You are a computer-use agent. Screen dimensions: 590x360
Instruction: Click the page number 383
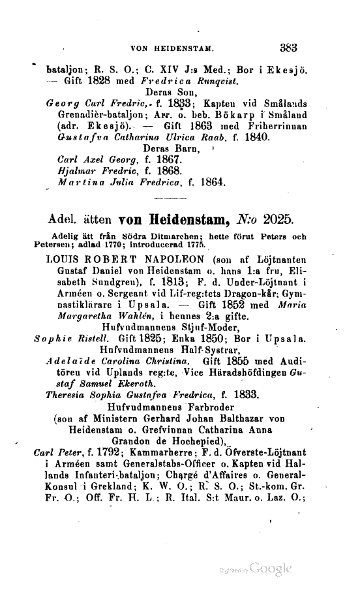click(x=288, y=47)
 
